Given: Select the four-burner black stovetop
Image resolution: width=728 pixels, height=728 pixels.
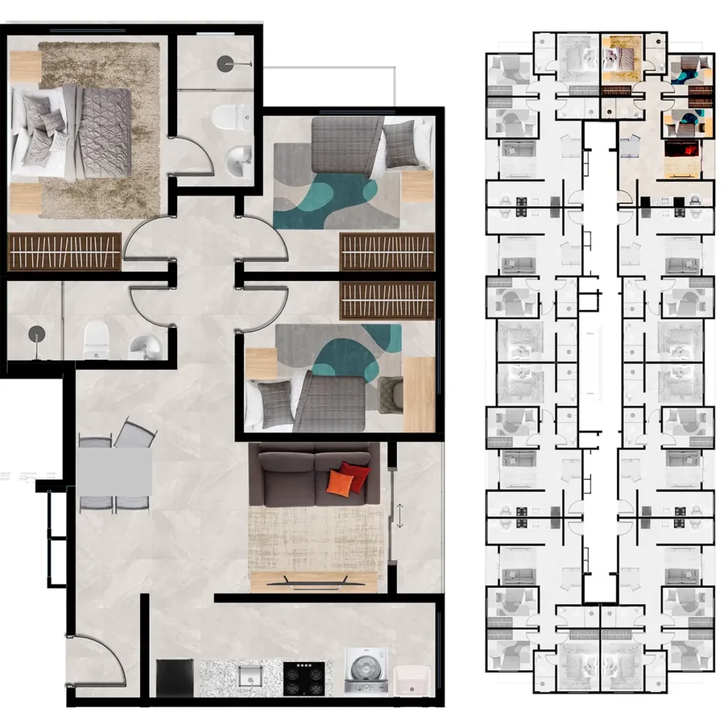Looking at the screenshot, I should point(304,678).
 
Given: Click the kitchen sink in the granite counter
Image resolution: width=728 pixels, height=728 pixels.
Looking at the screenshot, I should point(250,676).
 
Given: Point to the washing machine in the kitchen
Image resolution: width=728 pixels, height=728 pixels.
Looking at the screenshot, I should point(365,671).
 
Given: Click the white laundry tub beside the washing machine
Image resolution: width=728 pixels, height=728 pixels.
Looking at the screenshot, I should point(411,679).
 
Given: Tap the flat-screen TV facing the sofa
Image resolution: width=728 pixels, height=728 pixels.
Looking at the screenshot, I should point(314,581).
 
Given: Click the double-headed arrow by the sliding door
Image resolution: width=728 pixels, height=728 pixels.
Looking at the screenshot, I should point(400,515).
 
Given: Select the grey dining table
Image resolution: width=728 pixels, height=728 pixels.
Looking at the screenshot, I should point(114,471).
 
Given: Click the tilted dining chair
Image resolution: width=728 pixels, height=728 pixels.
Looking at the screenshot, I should point(135,433).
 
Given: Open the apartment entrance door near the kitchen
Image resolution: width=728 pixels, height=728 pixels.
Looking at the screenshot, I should point(96,665).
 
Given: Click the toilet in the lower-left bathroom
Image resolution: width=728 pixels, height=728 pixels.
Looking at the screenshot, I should point(95,339).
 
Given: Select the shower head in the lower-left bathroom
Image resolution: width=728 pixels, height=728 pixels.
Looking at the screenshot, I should point(33,334).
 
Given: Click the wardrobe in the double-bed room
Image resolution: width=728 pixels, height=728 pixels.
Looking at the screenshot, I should point(64,251).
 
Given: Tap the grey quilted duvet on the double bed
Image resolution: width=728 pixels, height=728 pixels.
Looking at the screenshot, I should point(105,122).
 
